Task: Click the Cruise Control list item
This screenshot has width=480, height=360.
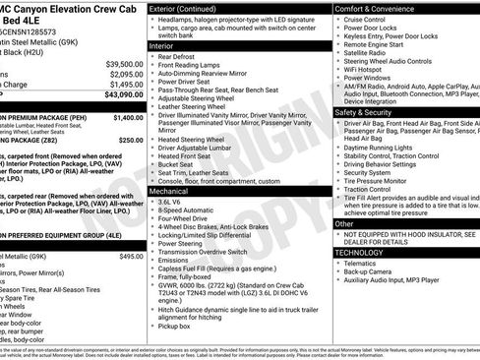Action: pos(365,19)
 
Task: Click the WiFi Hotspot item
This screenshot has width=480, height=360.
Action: pos(364,70)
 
